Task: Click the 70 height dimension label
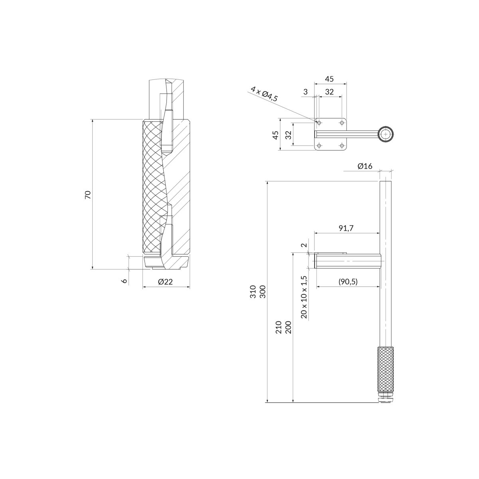pos(88,195)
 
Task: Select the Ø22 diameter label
pos(165,282)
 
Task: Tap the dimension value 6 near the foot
pos(125,281)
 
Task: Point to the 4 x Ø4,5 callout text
pos(264,93)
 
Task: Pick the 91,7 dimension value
pos(346,228)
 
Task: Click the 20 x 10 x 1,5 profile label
pos(304,297)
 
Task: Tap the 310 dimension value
pos(253,292)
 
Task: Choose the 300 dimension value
pos(263,292)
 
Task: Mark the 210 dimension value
pos(278,327)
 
